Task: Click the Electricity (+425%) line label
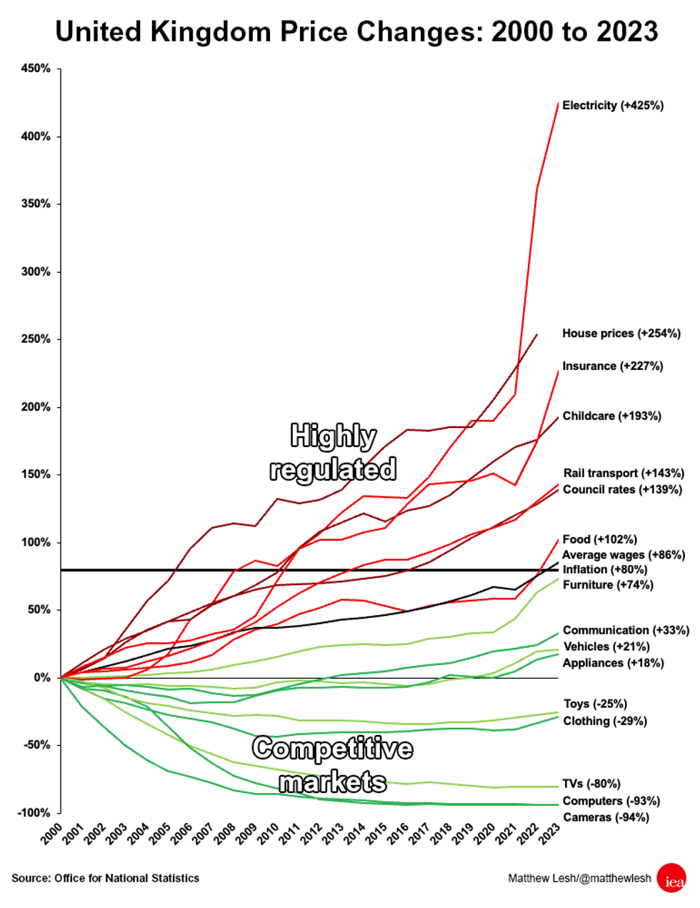pos(612,106)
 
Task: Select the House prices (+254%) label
pos(621,334)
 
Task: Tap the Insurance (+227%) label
pos(612,366)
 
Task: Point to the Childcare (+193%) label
pos(611,416)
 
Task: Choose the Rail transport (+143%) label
pos(623,474)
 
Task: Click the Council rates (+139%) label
pos(621,490)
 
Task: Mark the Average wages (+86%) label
pos(623,555)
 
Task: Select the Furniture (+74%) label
pos(607,585)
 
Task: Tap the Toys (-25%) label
pos(595,704)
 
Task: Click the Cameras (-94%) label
pos(606,818)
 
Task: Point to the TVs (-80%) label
pos(591,784)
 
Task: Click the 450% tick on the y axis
pos(36,69)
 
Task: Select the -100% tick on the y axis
pos(34,813)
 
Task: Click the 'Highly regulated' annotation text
pos(333,453)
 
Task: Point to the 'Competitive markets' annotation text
pos(333,765)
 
